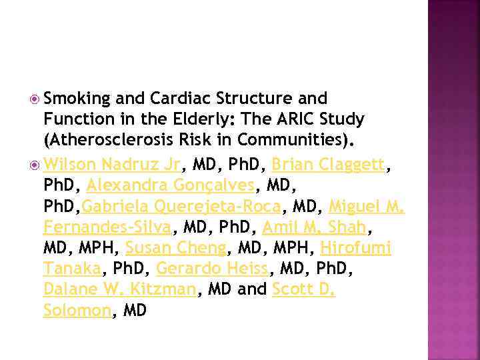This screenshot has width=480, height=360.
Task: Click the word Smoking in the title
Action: [x=77, y=99]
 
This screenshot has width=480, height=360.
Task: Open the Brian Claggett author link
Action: [x=327, y=163]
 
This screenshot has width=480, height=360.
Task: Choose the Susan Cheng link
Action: [x=176, y=248]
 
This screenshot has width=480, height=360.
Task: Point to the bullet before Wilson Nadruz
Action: [x=35, y=163]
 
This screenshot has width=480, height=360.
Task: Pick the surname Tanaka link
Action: [x=72, y=269]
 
